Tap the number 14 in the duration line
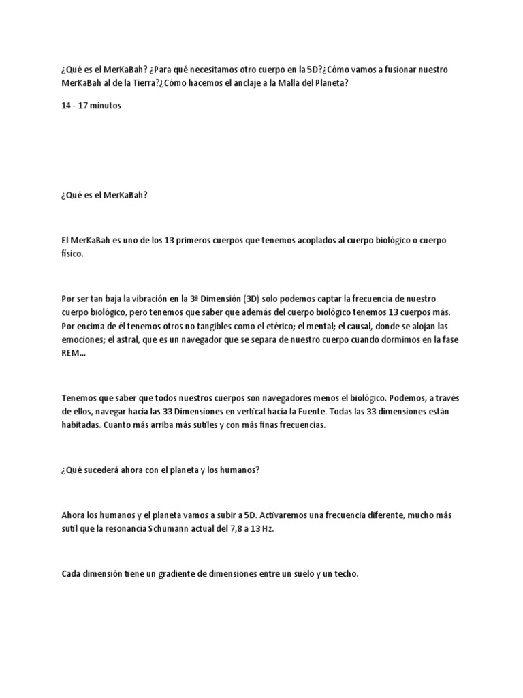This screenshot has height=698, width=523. coord(66,106)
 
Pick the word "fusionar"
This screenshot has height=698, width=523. coord(398,70)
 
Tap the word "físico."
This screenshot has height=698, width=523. coord(72,254)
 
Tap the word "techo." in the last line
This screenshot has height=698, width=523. coord(345,574)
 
